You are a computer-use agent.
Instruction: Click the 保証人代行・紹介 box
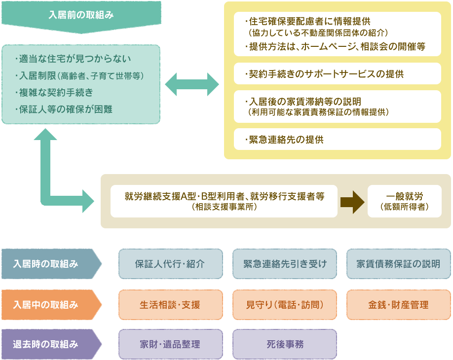click(x=170, y=264)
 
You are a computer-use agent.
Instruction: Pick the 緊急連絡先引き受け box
click(x=285, y=264)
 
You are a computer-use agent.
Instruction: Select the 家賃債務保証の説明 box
click(x=399, y=264)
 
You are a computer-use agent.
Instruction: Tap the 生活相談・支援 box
click(x=170, y=305)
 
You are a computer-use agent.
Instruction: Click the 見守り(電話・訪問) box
click(x=285, y=305)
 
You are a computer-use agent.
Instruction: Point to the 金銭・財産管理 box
click(x=399, y=305)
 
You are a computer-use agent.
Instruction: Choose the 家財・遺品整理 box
click(x=170, y=344)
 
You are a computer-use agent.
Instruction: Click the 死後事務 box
click(x=285, y=344)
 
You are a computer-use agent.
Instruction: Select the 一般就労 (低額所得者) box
click(x=405, y=201)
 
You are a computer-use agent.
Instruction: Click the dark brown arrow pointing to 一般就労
click(x=352, y=201)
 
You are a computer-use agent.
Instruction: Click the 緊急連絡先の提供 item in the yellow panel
click(x=337, y=140)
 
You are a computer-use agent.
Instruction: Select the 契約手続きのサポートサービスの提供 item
click(x=337, y=74)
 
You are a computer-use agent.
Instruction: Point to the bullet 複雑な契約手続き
click(x=57, y=92)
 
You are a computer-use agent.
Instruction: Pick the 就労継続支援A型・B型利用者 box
click(x=224, y=201)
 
